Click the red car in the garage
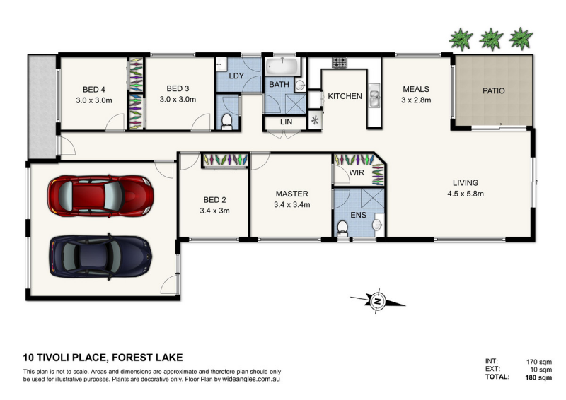pyautogui.click(x=100, y=196)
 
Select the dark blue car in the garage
pyautogui.click(x=100, y=257)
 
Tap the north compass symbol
pyautogui.click(x=378, y=301)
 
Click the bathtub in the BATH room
pyautogui.click(x=282, y=66)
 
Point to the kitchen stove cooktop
pyautogui.click(x=340, y=62)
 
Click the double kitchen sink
pyautogui.click(x=374, y=95)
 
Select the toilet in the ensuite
pyautogui.click(x=342, y=229)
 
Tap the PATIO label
pyautogui.click(x=493, y=90)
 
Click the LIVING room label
pyautogui.click(x=466, y=182)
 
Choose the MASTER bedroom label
pyautogui.click(x=291, y=194)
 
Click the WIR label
pyautogui.click(x=357, y=172)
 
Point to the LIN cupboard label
pyautogui.click(x=286, y=122)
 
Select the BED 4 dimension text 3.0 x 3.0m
pyautogui.click(x=94, y=100)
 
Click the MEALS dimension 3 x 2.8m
pyautogui.click(x=416, y=100)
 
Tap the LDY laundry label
pyautogui.click(x=236, y=76)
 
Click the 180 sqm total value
pyautogui.click(x=538, y=377)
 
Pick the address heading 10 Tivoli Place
pyautogui.click(x=65, y=358)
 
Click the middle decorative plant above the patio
pyautogui.click(x=491, y=39)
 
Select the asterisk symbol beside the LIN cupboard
pyautogui.click(x=315, y=120)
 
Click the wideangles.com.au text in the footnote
pyautogui.click(x=251, y=379)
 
